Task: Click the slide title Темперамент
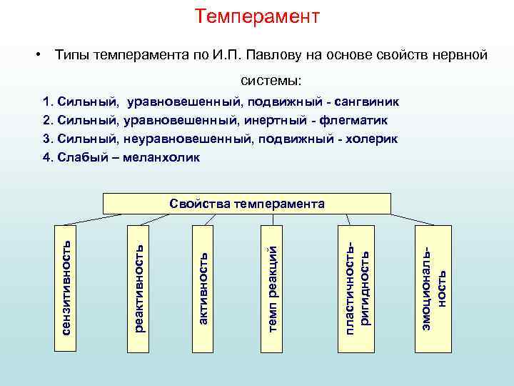point(257,16)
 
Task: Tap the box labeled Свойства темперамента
point(247,204)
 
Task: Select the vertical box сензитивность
point(67,288)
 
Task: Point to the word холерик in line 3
point(372,138)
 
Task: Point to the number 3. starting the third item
point(48,138)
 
